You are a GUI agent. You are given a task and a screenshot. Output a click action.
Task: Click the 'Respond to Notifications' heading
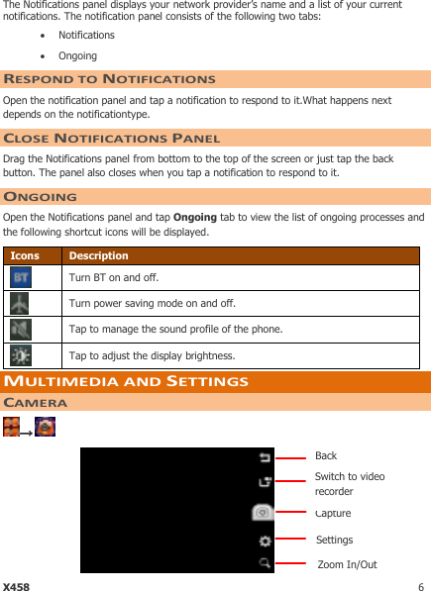click(x=109, y=79)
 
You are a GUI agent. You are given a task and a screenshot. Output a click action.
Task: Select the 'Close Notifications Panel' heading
click(x=112, y=139)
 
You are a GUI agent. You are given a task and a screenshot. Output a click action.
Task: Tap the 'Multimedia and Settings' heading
click(x=126, y=381)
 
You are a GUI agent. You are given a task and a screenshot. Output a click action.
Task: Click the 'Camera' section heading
click(x=36, y=403)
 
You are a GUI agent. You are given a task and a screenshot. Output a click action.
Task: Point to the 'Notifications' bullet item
click(x=86, y=36)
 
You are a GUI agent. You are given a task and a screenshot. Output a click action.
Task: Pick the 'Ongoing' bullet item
click(x=77, y=56)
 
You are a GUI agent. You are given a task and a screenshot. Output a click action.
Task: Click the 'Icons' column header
click(x=25, y=255)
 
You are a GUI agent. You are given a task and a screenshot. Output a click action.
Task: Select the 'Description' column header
click(x=98, y=255)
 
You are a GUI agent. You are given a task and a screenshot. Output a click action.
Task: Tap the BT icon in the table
click(x=21, y=278)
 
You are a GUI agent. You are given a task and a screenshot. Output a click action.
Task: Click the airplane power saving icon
click(x=21, y=304)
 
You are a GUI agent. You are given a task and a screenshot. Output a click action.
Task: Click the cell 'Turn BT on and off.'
click(x=113, y=278)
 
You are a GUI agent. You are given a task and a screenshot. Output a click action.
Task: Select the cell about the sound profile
click(x=174, y=330)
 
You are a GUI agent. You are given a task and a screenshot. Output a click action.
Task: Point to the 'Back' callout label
click(x=326, y=456)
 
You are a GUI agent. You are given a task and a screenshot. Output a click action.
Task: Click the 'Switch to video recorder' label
click(x=350, y=484)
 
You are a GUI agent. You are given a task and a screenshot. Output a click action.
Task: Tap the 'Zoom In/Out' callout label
click(x=347, y=565)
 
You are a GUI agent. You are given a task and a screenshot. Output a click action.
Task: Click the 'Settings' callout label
click(x=334, y=540)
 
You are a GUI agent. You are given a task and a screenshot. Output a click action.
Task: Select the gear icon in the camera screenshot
click(x=265, y=541)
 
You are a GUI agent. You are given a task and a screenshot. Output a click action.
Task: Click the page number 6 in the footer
click(x=421, y=586)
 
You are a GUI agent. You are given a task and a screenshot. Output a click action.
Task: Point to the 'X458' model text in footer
click(x=16, y=586)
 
